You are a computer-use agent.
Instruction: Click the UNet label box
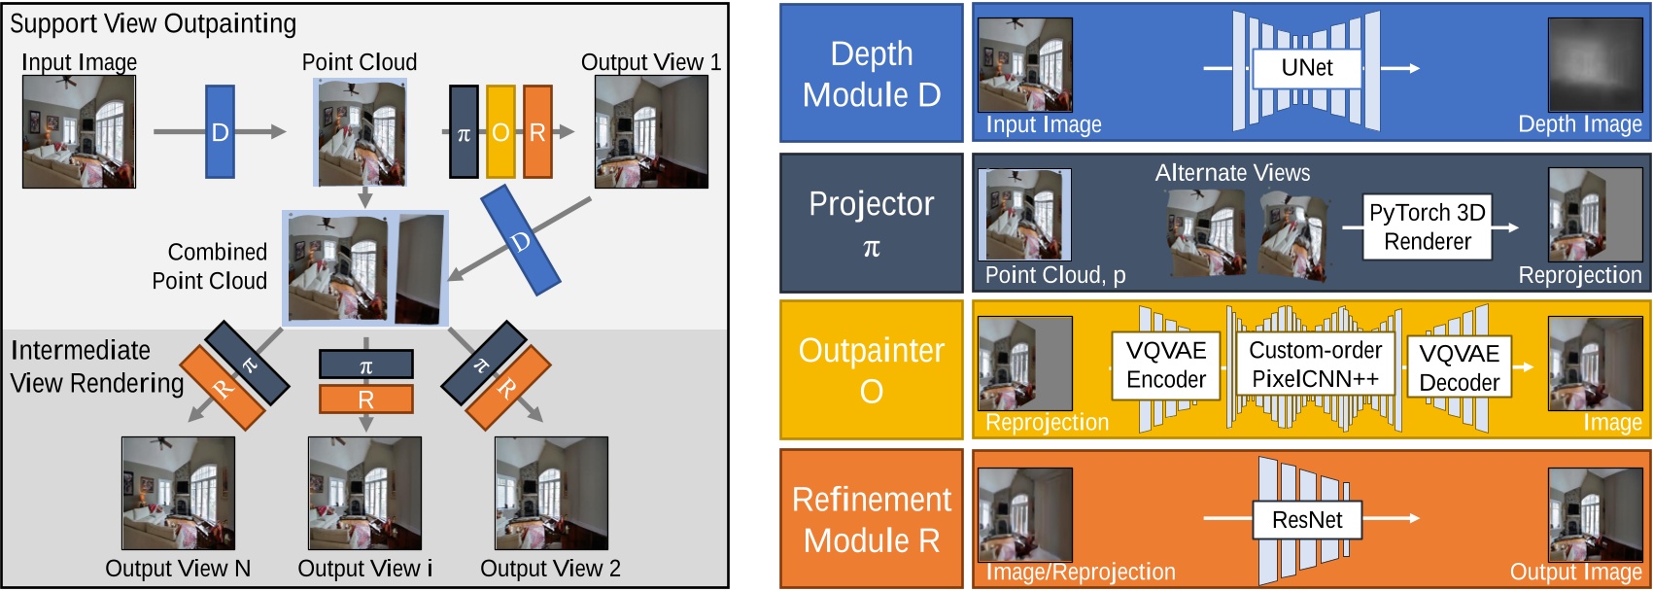(x=1306, y=68)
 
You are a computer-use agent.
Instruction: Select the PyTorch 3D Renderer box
(x=1427, y=226)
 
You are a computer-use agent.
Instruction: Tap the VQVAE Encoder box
(x=1165, y=365)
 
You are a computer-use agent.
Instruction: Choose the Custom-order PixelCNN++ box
(x=1315, y=365)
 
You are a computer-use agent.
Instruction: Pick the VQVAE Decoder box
(x=1459, y=367)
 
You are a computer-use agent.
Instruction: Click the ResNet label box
(x=1306, y=520)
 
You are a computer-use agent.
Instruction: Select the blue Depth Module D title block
(x=871, y=74)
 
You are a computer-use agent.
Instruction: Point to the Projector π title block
(x=871, y=223)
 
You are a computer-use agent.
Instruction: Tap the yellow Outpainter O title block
(x=871, y=369)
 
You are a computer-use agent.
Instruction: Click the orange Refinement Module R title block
(x=871, y=518)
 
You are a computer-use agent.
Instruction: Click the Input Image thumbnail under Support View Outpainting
(x=79, y=131)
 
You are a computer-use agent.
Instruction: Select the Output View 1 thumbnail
(x=651, y=131)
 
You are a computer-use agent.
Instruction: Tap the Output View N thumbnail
(x=178, y=493)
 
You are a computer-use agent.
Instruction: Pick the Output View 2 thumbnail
(x=551, y=493)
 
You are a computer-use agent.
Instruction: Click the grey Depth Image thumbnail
(x=1595, y=65)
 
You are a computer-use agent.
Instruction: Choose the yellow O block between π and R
(x=500, y=132)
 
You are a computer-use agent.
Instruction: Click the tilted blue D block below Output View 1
(x=521, y=240)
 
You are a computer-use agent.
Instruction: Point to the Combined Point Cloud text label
(x=210, y=266)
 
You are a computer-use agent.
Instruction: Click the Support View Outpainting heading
(x=153, y=23)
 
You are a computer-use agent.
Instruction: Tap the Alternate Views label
(x=1231, y=173)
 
